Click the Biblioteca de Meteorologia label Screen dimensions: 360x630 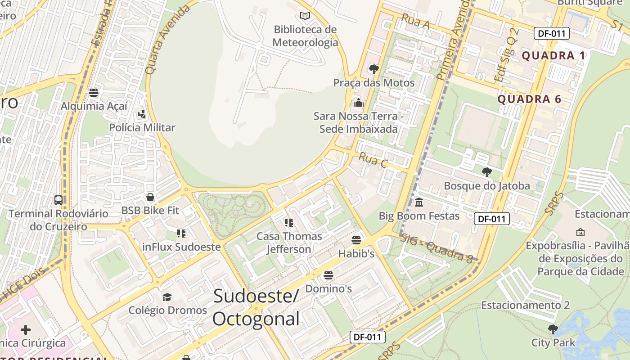click(306, 36)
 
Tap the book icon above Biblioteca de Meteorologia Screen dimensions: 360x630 click(305, 16)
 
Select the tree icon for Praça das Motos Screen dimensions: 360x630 click(373, 69)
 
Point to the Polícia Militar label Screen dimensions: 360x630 click(142, 128)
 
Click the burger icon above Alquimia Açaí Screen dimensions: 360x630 click(94, 93)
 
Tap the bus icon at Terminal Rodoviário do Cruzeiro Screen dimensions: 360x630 click(58, 200)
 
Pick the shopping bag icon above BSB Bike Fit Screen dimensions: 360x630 click(150, 197)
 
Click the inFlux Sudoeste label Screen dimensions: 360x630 click(181, 247)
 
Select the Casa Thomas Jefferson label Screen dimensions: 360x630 click(289, 243)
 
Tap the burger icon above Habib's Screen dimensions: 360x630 click(356, 240)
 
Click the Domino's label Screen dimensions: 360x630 click(328, 288)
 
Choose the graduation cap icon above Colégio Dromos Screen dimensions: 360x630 click(167, 297)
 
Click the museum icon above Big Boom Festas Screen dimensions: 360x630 click(419, 202)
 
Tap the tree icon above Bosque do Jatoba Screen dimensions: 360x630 click(486, 172)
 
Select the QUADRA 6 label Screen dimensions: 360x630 click(530, 99)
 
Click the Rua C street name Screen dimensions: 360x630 click(373, 160)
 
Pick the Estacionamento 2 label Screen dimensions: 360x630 click(526, 305)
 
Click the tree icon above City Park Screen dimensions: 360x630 click(553, 329)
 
